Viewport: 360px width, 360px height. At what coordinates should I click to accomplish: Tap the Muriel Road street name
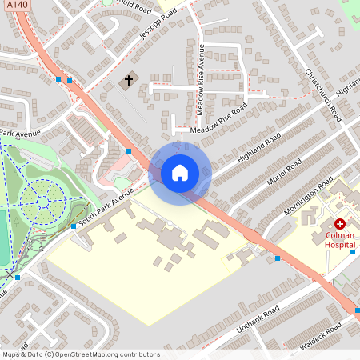283,173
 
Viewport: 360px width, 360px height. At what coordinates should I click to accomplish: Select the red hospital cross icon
340,225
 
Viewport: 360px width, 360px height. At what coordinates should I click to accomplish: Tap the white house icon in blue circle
180,172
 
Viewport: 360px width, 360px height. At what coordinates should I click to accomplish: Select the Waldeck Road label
321,337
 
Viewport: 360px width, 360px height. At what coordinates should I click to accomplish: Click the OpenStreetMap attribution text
80,354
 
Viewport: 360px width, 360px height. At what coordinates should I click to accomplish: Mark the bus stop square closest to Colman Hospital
278,258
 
